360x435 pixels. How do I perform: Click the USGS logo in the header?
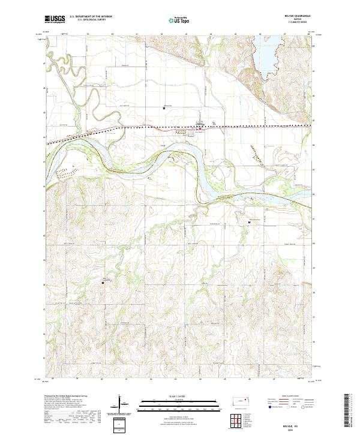click(x=55, y=19)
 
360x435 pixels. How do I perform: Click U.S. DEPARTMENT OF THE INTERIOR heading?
click(x=91, y=17)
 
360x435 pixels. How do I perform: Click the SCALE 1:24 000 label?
click(x=179, y=394)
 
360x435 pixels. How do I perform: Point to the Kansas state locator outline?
click(x=243, y=400)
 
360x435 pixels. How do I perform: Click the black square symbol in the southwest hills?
click(x=102, y=283)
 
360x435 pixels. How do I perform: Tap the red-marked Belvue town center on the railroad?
click(x=199, y=127)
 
